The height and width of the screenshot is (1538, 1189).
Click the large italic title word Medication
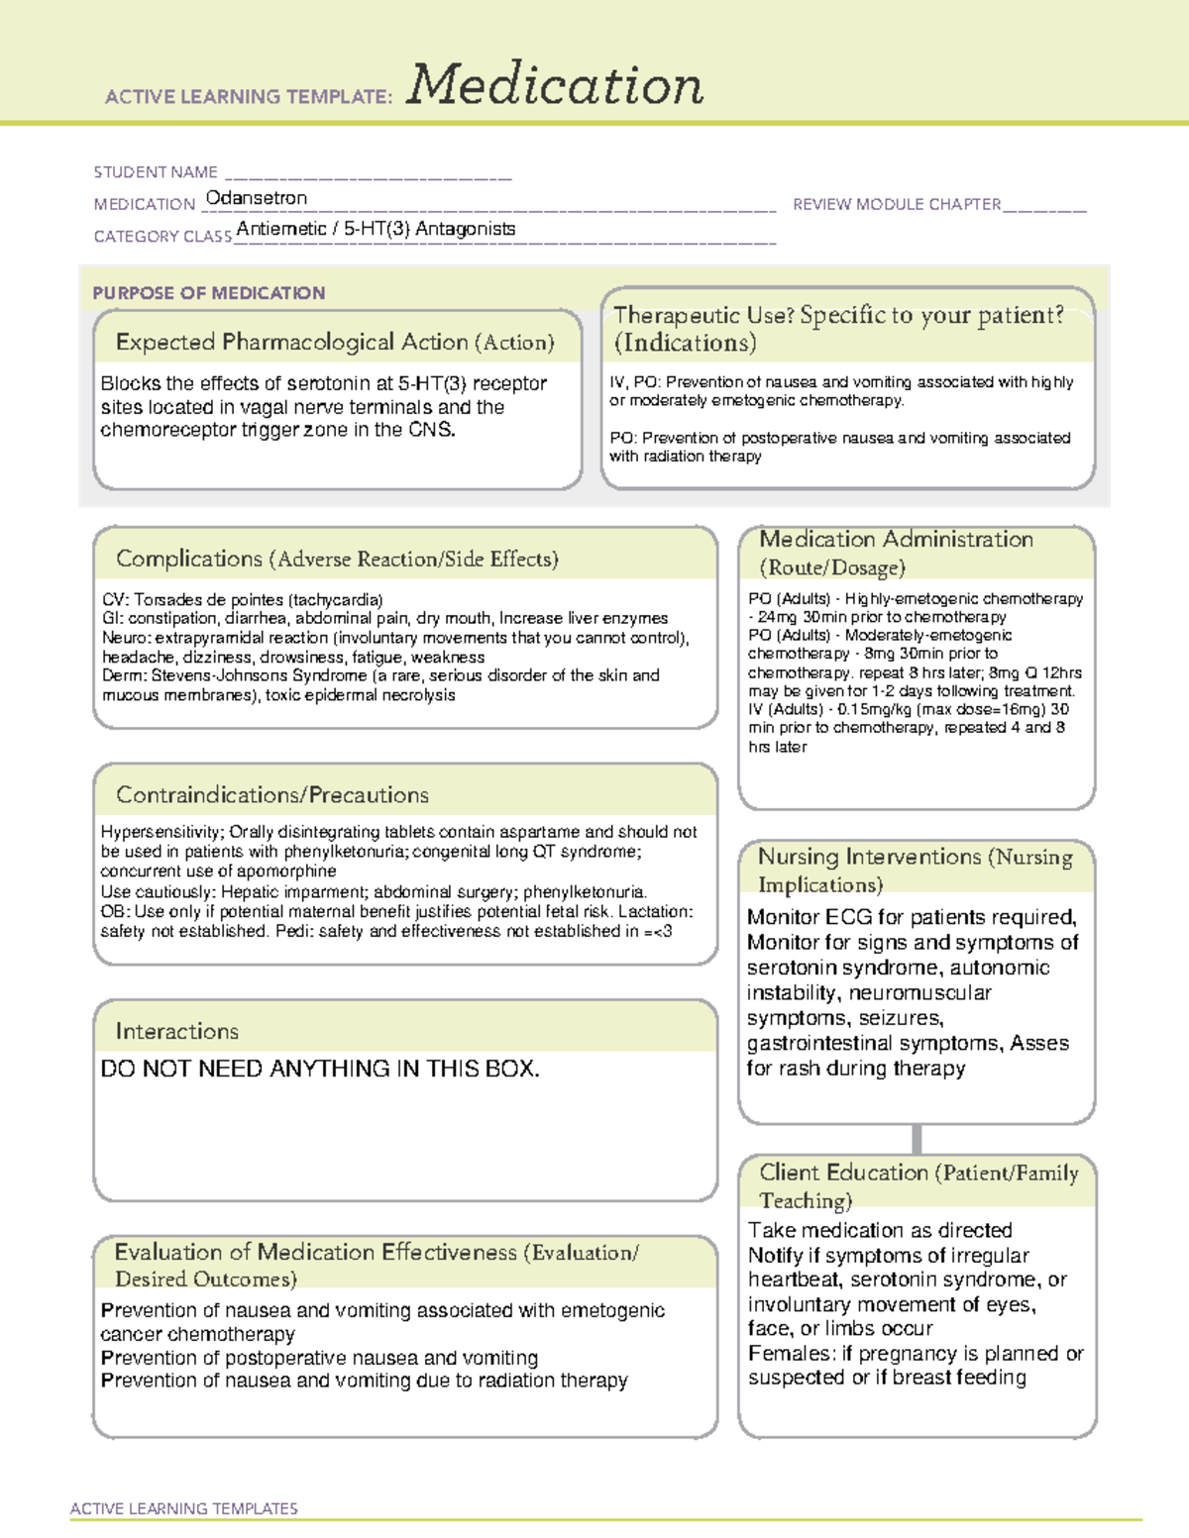pos(555,85)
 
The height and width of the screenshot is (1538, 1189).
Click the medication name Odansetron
pos(256,198)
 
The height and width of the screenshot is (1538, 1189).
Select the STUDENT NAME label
pos(156,172)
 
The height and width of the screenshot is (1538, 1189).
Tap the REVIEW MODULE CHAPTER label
pos(896,204)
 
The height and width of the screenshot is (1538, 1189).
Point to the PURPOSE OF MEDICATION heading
pos(208,293)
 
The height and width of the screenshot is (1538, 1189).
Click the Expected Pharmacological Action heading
pos(334,343)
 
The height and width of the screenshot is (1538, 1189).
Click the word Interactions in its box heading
pos(176,1032)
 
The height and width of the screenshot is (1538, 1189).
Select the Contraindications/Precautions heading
pos(271,795)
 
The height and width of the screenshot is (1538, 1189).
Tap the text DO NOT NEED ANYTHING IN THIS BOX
pos(320,1070)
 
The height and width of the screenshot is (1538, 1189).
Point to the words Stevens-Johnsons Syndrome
pos(259,675)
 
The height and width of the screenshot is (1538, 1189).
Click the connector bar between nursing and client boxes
pos(917,1139)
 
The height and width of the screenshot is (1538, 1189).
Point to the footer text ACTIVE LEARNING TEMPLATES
pos(184,1508)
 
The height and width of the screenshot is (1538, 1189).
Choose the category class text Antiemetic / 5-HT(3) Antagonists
pos(376,229)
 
